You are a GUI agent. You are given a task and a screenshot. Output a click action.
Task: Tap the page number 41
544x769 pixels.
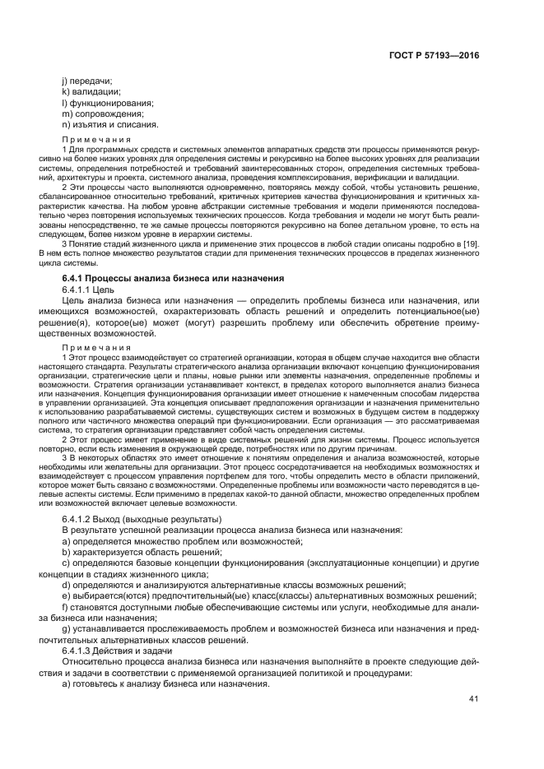coord(473,699)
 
